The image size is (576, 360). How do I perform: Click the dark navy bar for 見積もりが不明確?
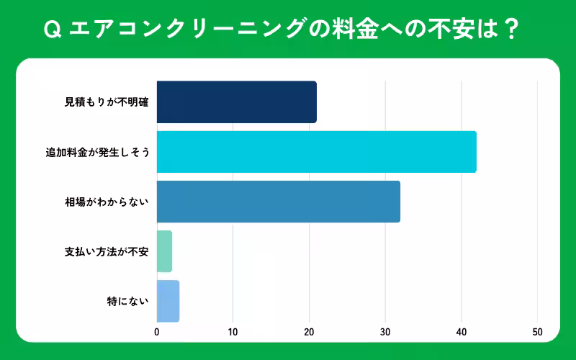236,102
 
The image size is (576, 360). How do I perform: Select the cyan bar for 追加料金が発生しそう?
316,151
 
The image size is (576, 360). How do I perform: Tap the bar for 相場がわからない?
278,202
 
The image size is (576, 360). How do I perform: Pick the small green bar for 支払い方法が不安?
164,251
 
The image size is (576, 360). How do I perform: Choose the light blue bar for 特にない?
168,301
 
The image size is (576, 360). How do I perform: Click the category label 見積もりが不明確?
107,102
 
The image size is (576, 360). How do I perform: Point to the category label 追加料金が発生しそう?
97,152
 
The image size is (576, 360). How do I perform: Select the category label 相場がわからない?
107,202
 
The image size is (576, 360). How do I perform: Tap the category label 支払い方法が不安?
107,251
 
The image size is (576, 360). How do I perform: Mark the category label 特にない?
127,301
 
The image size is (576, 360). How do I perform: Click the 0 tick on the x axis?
157,332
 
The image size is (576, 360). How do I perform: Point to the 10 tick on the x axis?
233,332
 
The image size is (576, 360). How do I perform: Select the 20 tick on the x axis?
309,332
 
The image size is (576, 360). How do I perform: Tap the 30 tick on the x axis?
385,332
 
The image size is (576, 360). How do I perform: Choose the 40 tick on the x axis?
462,332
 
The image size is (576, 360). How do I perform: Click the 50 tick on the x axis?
537,332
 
